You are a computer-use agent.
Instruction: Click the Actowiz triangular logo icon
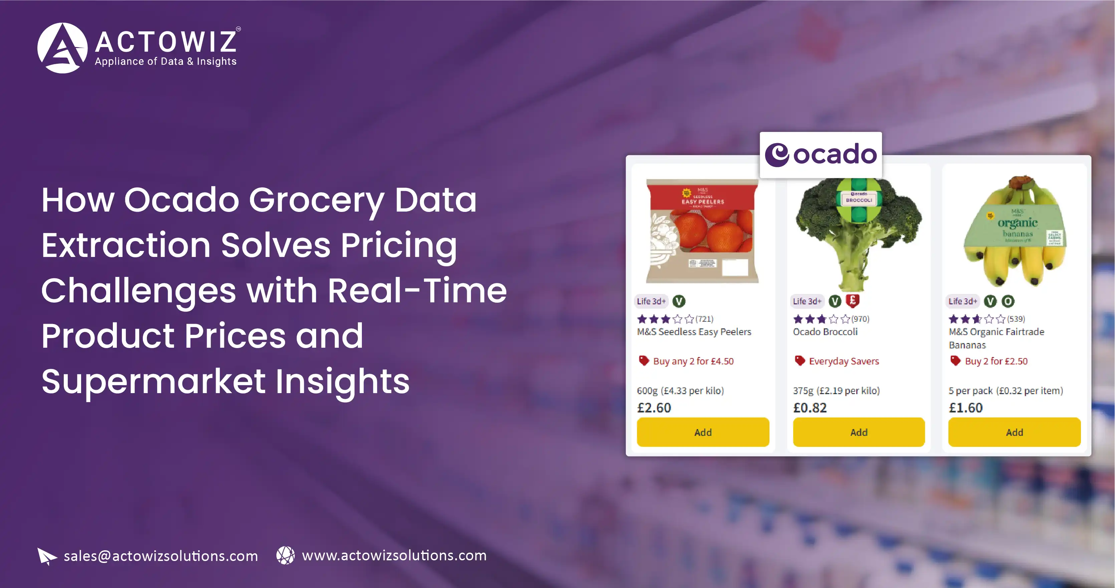62,48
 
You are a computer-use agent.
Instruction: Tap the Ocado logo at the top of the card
820,155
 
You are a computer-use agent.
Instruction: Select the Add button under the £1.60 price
1014,432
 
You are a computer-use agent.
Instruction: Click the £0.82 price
810,407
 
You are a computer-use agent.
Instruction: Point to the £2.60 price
654,407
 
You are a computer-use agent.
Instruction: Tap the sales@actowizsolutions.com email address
161,556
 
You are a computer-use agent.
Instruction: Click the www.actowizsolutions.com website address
394,555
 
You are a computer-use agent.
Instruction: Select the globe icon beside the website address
285,555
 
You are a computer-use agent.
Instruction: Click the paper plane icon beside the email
46,556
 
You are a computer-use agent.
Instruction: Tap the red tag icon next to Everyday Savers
800,360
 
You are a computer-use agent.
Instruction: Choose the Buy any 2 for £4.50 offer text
693,361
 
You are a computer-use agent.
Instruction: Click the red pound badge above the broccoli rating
852,300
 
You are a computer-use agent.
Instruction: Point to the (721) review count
704,319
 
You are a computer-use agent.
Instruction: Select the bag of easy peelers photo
702,231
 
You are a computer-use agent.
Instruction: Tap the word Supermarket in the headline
153,382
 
